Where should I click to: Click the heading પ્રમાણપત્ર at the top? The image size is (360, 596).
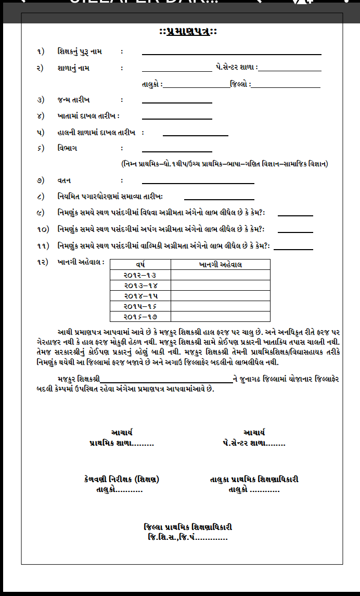click(188, 32)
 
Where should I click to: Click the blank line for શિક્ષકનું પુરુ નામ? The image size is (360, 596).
click(232, 53)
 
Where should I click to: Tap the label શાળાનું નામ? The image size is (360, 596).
click(73, 68)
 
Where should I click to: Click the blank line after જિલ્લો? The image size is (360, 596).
click(286, 86)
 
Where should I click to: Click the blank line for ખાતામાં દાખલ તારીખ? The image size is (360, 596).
click(177, 118)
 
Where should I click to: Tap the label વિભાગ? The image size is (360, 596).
click(68, 148)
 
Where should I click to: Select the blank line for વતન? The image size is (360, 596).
click(198, 183)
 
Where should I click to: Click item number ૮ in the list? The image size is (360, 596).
click(41, 197)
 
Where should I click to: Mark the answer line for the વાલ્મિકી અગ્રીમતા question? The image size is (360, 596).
click(293, 249)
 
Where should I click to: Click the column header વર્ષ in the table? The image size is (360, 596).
click(140, 265)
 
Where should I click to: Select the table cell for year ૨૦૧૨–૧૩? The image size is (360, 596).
click(140, 275)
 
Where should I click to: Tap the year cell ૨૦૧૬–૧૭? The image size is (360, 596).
click(140, 316)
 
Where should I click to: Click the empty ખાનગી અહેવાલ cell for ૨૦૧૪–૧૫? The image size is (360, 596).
click(220, 295)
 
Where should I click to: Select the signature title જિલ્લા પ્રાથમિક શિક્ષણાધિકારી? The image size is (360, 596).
click(188, 527)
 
